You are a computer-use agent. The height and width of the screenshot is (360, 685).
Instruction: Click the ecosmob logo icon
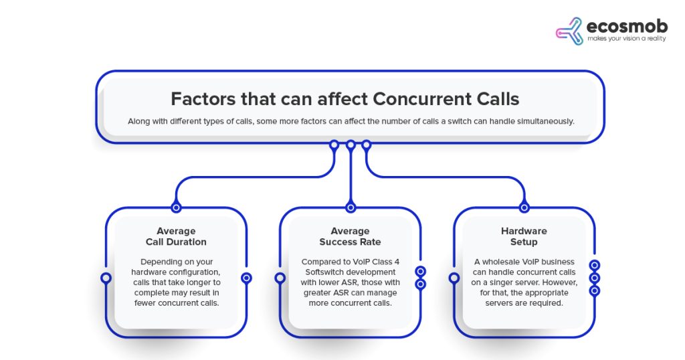pyautogui.click(x=569, y=31)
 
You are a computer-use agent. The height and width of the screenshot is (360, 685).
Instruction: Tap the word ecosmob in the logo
pyautogui.click(x=627, y=26)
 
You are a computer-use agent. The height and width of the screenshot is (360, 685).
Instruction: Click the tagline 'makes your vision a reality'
pyautogui.click(x=626, y=38)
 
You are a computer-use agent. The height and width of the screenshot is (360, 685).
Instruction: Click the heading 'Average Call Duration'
pyautogui.click(x=176, y=236)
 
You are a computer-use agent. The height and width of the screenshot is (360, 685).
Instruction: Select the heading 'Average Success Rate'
pyautogui.click(x=350, y=236)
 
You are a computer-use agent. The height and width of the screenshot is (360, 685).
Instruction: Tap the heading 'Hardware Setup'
pyautogui.click(x=524, y=236)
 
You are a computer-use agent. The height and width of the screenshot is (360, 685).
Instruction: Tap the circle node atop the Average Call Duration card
pyautogui.click(x=176, y=207)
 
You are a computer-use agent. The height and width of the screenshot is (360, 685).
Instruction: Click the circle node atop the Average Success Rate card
pyautogui.click(x=351, y=207)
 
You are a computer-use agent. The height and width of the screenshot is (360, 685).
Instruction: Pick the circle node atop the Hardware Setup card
pyautogui.click(x=524, y=207)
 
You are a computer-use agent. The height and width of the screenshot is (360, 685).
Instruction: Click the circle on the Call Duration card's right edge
pyautogui.click(x=246, y=278)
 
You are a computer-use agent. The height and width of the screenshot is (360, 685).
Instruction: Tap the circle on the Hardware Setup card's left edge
pyautogui.click(x=454, y=278)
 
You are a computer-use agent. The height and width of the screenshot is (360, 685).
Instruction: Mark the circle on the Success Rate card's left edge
pyautogui.click(x=280, y=278)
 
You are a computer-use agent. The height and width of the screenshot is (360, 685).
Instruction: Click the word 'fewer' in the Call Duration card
pyautogui.click(x=145, y=303)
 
